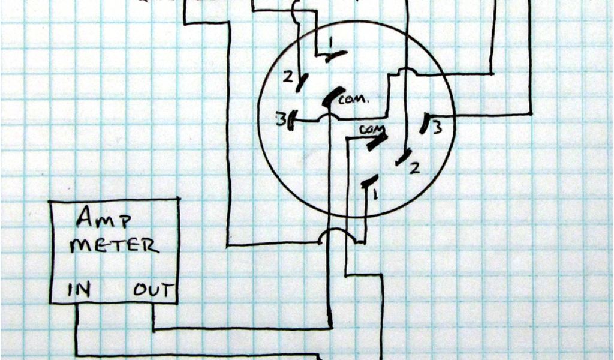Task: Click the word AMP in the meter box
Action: click(103, 220)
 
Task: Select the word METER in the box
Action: click(114, 245)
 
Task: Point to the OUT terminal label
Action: click(153, 291)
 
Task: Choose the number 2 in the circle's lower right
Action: click(414, 169)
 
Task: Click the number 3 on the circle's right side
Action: click(438, 127)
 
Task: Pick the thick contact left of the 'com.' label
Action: click(330, 98)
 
